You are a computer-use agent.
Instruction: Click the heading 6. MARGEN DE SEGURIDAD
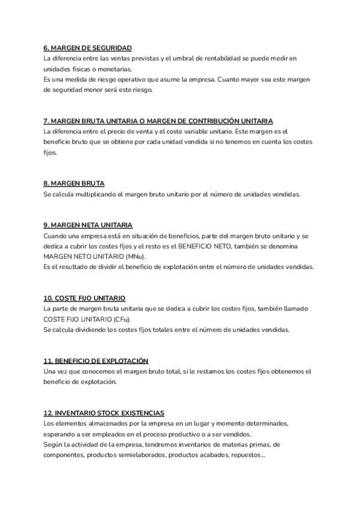(x=88, y=47)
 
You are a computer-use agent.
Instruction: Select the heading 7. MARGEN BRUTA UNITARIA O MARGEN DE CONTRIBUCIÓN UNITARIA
(x=158, y=121)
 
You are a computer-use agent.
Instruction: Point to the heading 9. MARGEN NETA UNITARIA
(x=88, y=225)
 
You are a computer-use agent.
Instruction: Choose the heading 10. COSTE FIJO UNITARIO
(x=84, y=298)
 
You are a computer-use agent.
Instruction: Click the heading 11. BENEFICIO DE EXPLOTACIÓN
(x=96, y=361)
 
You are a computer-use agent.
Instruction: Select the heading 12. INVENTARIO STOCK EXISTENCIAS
(x=104, y=413)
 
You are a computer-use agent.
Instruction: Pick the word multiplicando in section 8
(x=99, y=194)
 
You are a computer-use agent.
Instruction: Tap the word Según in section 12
(x=53, y=445)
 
